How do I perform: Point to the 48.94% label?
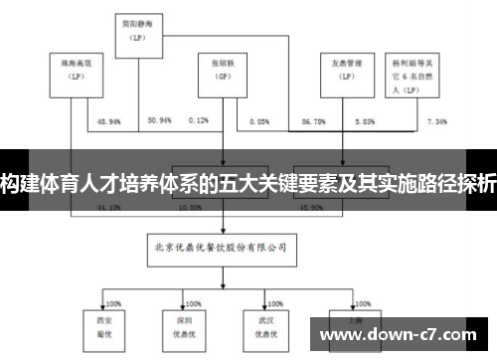point(108,120)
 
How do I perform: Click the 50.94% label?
point(159,120)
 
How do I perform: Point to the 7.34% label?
point(436,120)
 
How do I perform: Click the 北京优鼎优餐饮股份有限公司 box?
point(221,242)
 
